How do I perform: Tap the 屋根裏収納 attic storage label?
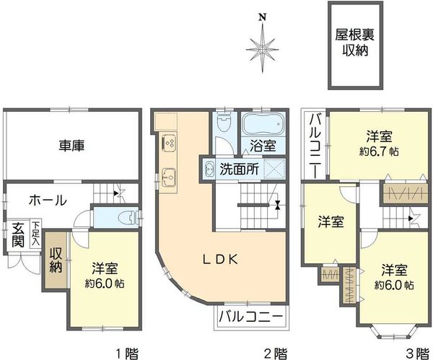click(x=355, y=43)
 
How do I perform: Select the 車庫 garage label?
click(x=71, y=146)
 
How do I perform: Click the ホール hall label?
click(x=48, y=200)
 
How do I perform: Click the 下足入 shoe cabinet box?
click(x=36, y=233)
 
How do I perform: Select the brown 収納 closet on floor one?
click(x=56, y=260)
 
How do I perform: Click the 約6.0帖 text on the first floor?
click(x=104, y=284)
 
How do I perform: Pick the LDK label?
click(x=220, y=259)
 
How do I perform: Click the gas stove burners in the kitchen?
click(x=169, y=143)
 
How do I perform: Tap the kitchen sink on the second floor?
click(x=169, y=175)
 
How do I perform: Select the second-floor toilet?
click(x=224, y=123)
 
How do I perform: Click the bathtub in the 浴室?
click(x=263, y=123)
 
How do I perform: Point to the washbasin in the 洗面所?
click(x=209, y=169)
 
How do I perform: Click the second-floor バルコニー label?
click(x=251, y=317)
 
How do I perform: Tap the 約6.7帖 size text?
click(x=379, y=152)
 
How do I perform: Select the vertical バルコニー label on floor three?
click(x=315, y=146)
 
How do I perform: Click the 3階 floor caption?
click(x=416, y=353)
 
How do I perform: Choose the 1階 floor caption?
click(x=127, y=353)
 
